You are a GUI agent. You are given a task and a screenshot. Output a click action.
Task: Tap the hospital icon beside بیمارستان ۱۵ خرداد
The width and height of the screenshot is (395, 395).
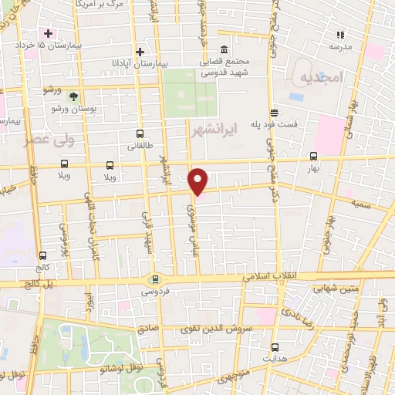click(x=49, y=33)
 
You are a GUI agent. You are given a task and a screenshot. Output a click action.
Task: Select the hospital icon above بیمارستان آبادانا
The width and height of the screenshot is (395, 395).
click(x=140, y=52)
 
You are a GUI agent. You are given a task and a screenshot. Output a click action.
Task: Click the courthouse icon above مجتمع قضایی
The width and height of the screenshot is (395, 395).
click(x=224, y=49)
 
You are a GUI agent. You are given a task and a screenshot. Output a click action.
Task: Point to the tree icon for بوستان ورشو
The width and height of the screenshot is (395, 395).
click(x=73, y=96)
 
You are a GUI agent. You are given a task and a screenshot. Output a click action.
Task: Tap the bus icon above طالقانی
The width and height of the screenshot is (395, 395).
click(x=139, y=133)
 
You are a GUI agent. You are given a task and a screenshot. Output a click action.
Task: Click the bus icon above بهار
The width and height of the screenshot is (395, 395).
click(x=312, y=155)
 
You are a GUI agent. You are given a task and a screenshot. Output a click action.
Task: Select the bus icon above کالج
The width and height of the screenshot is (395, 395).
click(x=42, y=255)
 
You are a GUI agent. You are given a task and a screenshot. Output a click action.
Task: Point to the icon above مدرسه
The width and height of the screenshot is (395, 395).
click(x=339, y=34)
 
